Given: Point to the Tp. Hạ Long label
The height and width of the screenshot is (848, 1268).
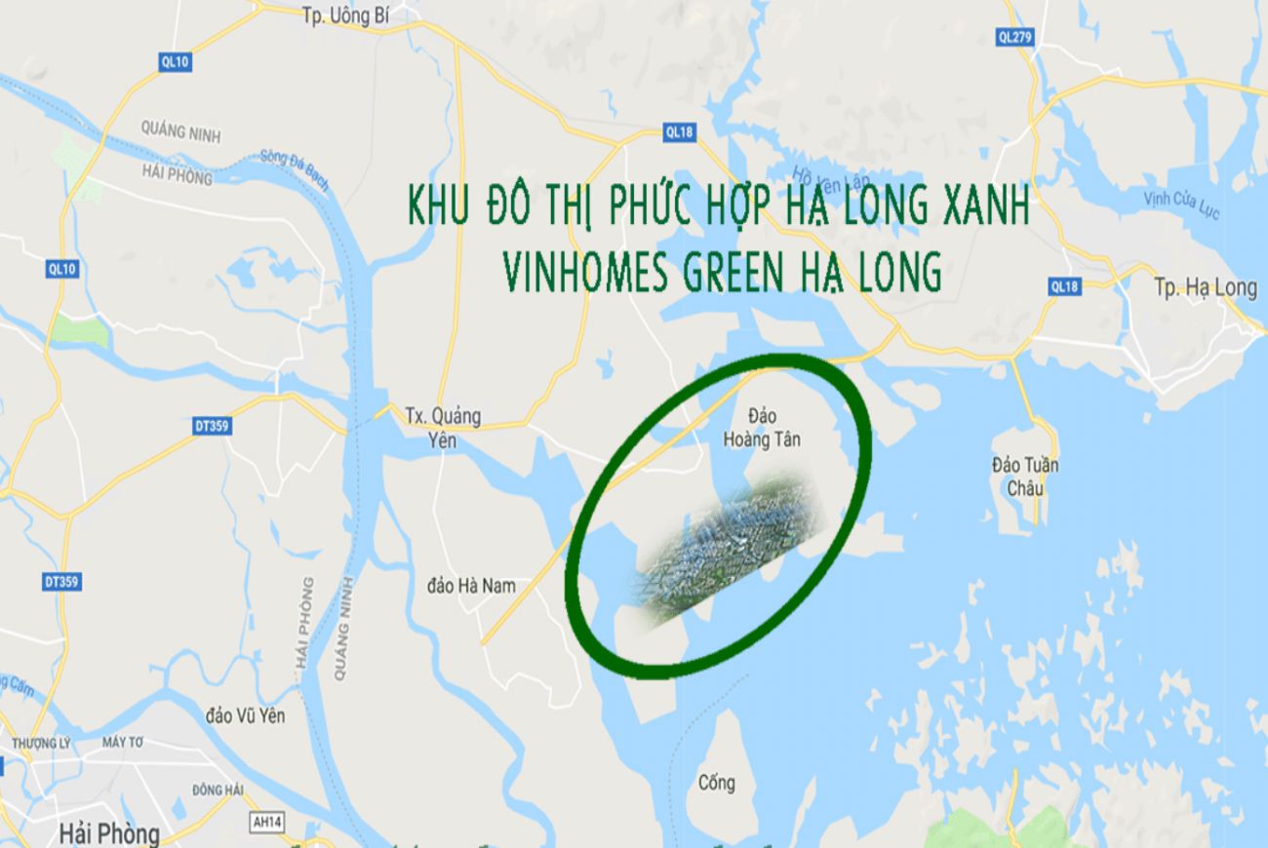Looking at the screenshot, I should click(1205, 288).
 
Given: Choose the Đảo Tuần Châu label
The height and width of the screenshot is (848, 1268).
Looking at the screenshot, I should click(1024, 476).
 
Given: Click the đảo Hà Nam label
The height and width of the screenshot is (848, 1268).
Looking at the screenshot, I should click(471, 585).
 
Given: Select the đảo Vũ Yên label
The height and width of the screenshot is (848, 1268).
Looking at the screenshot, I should click(246, 715).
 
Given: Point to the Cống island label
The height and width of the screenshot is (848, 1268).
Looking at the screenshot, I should click(717, 783).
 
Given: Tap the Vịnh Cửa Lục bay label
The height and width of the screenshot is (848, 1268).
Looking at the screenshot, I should click(1181, 205).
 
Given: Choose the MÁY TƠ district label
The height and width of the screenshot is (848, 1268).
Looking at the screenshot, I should click(122, 743).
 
